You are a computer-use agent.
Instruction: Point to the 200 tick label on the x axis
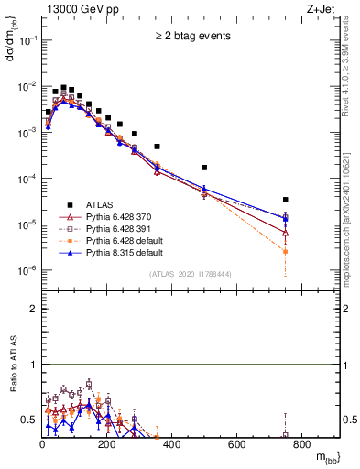(x=107, y=444)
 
